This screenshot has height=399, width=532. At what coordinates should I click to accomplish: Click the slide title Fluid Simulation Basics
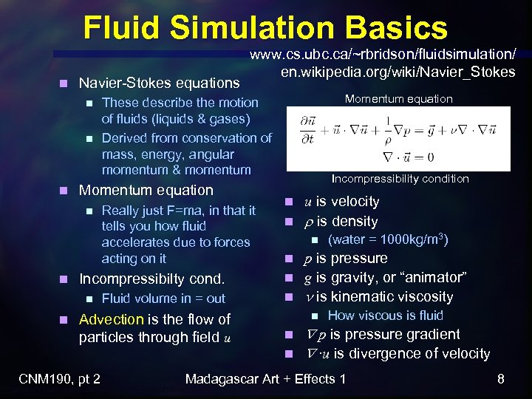pyautogui.click(x=265, y=28)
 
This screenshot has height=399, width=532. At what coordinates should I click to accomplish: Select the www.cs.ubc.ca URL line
pyautogui.click(x=383, y=55)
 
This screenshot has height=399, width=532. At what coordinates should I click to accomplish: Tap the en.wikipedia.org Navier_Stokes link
pyautogui.click(x=387, y=72)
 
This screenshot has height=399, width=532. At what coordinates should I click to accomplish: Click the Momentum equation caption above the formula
pyautogui.click(x=399, y=99)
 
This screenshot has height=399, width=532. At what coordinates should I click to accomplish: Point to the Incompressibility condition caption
pyautogui.click(x=400, y=179)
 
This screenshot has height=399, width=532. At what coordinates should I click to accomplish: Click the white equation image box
pyautogui.click(x=398, y=139)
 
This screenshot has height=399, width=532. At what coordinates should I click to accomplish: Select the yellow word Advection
pyautogui.click(x=112, y=319)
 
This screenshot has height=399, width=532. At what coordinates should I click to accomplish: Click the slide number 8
pyautogui.click(x=500, y=380)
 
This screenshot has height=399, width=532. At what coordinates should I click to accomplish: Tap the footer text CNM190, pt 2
pyautogui.click(x=59, y=380)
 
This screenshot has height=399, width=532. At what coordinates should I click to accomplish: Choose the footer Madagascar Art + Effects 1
pyautogui.click(x=265, y=380)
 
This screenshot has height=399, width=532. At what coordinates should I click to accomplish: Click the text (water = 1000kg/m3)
pyautogui.click(x=388, y=239)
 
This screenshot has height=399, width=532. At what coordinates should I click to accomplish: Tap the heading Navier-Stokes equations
pyautogui.click(x=159, y=83)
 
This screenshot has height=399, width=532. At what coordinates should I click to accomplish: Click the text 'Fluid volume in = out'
pyautogui.click(x=163, y=299)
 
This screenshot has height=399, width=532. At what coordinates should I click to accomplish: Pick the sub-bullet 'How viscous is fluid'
pyautogui.click(x=385, y=316)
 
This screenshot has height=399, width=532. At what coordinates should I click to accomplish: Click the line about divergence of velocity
pyautogui.click(x=397, y=354)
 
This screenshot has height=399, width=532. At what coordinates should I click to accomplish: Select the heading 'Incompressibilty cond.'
pyautogui.click(x=151, y=279)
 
